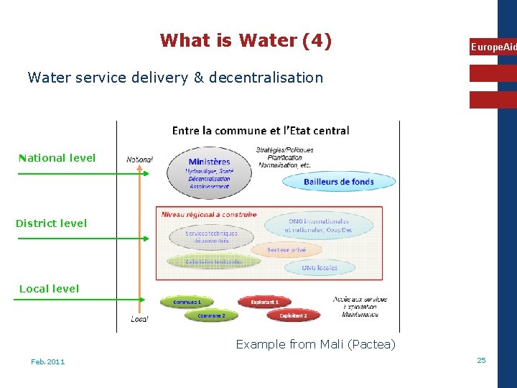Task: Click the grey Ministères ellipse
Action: point(209,173)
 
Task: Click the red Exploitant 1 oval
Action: point(265,302)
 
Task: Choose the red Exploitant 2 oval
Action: point(293,315)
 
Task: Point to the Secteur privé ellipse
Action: point(287,250)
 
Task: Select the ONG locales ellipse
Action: point(320,267)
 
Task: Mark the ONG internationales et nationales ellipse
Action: point(318,226)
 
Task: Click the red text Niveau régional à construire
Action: point(209,214)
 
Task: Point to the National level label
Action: point(57,158)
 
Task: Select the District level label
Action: point(51,223)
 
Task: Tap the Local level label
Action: point(49,289)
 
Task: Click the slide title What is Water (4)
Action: point(246,40)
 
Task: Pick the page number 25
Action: point(481,360)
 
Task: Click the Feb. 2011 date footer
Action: point(47,361)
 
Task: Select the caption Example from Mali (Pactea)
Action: point(315,344)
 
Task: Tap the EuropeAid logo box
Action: point(493,47)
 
